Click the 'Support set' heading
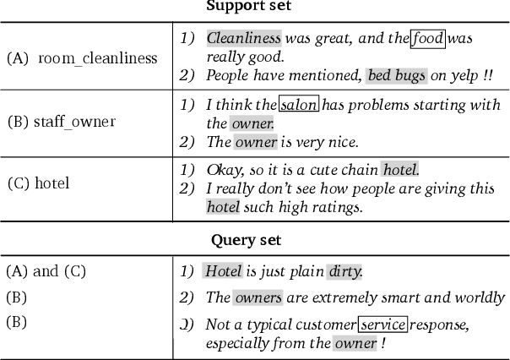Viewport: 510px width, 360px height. (248, 6)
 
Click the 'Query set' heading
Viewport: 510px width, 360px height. (246, 240)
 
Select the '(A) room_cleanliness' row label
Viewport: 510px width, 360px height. (82, 58)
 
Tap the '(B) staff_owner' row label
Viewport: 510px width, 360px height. (61, 122)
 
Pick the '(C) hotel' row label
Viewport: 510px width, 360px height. (38, 183)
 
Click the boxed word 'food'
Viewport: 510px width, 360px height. (427, 38)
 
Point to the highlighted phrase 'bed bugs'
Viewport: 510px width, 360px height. (396, 76)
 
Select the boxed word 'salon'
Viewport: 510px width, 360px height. (298, 105)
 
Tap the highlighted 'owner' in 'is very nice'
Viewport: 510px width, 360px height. (255, 142)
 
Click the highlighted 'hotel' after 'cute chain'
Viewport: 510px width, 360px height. (399, 169)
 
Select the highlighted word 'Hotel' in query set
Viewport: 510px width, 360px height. (224, 271)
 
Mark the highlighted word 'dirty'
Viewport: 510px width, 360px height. (345, 271)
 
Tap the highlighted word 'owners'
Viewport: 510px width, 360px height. (258, 297)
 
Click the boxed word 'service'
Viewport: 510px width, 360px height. (383, 325)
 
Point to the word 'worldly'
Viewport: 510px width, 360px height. (478, 297)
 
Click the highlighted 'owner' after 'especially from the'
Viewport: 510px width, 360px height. (355, 343)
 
